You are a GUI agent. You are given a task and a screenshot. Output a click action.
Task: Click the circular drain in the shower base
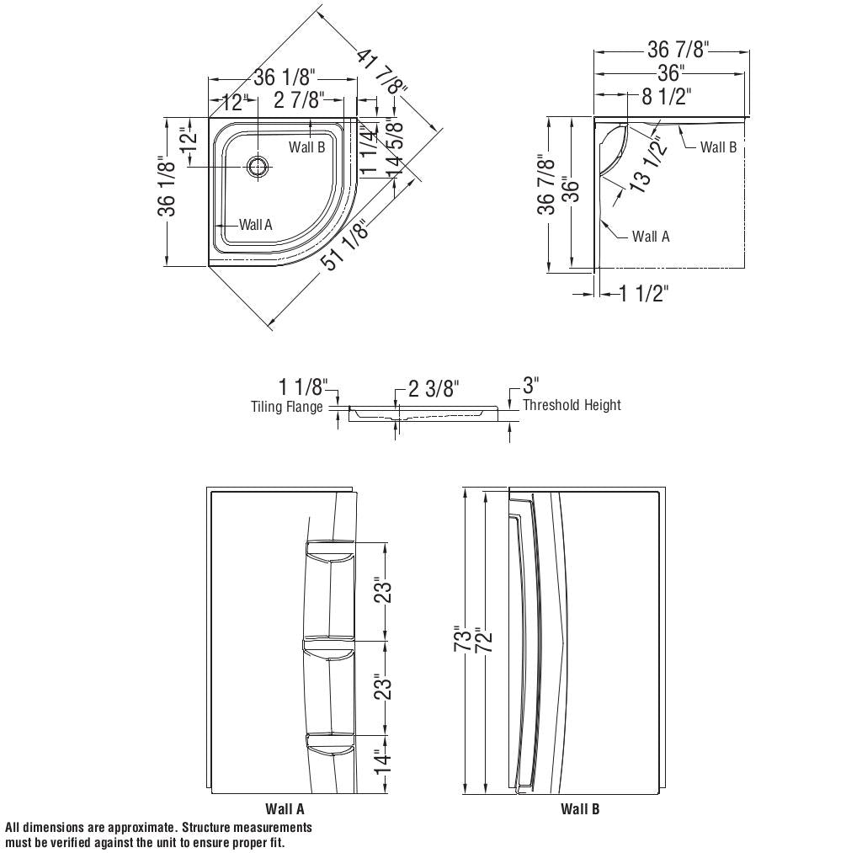click(258, 166)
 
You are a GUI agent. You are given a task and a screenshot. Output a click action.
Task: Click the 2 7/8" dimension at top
click(299, 101)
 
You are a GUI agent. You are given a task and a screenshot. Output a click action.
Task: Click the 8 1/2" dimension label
click(666, 97)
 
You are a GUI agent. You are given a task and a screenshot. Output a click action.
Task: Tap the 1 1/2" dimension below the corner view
click(644, 293)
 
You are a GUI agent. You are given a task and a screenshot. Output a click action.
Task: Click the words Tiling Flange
click(287, 407)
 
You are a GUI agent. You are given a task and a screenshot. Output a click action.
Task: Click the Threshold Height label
click(572, 405)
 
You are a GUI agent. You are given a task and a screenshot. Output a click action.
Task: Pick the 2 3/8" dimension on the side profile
click(434, 389)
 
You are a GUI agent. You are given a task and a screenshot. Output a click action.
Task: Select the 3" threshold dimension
click(530, 386)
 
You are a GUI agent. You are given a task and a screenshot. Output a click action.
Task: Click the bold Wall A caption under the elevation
click(285, 809)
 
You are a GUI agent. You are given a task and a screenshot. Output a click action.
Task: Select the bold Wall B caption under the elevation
click(580, 809)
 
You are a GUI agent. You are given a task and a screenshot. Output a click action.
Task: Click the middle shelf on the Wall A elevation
click(330, 645)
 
